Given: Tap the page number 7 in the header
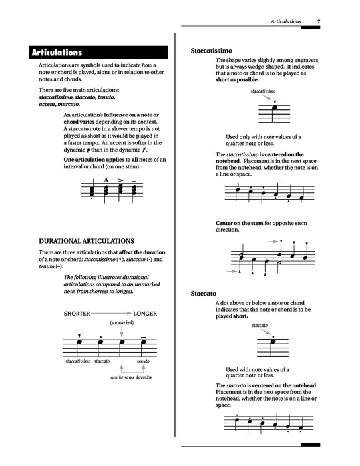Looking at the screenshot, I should [x=319, y=22].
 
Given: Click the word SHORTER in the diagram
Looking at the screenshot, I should [x=77, y=312].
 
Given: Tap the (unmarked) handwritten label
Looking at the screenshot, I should [x=122, y=323].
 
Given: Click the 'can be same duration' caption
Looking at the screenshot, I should [x=131, y=377].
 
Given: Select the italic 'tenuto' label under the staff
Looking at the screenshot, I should [x=143, y=361].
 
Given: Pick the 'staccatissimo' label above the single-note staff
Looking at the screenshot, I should [x=264, y=90].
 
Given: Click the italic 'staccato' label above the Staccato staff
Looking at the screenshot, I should [x=260, y=325].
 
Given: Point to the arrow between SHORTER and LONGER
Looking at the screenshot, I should [x=110, y=312].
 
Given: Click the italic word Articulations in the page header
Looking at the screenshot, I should [x=285, y=22].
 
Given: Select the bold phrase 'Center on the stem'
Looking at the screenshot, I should [x=240, y=222].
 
